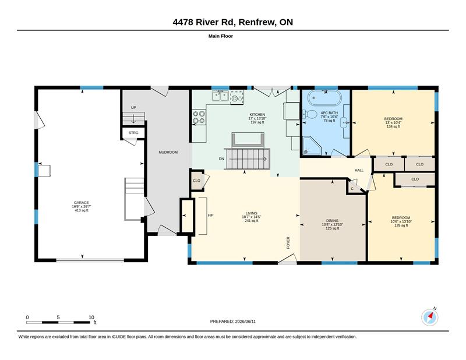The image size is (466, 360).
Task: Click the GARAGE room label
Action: point(81,203)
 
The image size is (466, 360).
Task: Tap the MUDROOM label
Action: point(168,152)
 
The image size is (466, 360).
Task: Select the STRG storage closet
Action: point(133,133)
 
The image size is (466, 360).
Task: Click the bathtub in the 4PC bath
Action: point(324,98)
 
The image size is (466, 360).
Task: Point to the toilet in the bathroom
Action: point(310,114)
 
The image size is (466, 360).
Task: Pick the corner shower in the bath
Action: point(312,146)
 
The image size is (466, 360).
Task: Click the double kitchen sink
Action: point(220,96)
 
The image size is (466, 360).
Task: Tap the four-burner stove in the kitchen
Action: point(199,117)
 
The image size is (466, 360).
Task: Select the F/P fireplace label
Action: point(210,215)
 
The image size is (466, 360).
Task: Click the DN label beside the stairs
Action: point(221,159)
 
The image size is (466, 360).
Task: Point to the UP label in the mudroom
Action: point(133,107)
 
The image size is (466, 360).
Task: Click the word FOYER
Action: point(288,242)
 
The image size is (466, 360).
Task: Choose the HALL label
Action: point(359,170)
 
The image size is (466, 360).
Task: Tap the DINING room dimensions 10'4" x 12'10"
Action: point(332,224)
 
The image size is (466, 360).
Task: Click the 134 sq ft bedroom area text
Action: point(393,126)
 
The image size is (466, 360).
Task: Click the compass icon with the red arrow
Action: point(430,318)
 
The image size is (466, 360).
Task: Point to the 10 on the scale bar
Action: point(91,317)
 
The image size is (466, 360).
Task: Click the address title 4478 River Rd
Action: point(204,22)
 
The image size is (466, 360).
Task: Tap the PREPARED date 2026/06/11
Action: point(245,322)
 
